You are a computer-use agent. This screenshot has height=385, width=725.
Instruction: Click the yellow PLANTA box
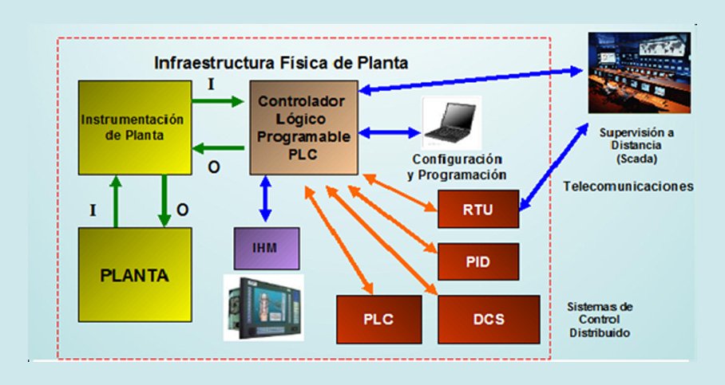click(x=135, y=275)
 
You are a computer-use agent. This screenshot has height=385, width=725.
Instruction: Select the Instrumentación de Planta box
click(x=135, y=128)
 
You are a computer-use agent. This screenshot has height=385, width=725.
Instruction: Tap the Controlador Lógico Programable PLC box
click(x=303, y=128)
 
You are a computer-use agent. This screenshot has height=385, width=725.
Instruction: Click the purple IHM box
click(x=266, y=247)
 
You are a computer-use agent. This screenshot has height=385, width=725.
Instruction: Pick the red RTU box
click(x=478, y=211)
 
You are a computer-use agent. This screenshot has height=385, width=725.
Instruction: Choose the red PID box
click(x=478, y=261)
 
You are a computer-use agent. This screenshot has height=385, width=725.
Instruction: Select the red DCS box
click(x=489, y=319)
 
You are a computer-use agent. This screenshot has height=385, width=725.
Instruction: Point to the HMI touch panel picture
click(x=263, y=307)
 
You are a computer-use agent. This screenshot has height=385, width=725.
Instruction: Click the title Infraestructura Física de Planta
click(x=281, y=61)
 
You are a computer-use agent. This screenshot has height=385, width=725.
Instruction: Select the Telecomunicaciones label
click(x=628, y=186)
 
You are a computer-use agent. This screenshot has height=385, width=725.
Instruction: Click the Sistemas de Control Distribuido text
click(x=600, y=319)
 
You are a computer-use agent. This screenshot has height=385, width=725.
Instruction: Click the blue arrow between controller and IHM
click(x=266, y=198)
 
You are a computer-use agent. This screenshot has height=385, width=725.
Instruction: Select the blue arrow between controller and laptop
click(x=389, y=133)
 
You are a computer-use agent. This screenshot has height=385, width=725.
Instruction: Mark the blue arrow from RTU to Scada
click(x=560, y=163)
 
